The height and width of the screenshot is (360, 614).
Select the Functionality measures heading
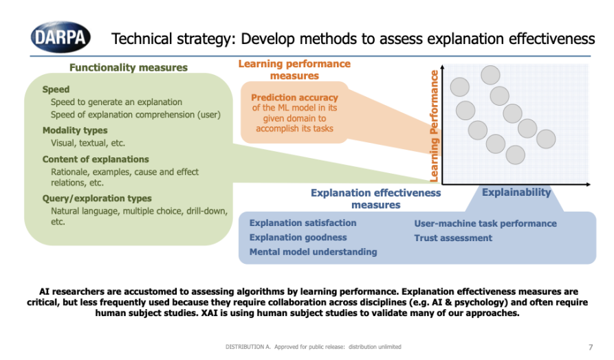[x=128, y=67]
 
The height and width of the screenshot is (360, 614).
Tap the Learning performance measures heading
[x=294, y=69]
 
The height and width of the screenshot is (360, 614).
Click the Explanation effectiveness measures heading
[x=375, y=199]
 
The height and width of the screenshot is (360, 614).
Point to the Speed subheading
[x=56, y=89]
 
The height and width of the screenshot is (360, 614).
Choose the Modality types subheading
[x=75, y=131]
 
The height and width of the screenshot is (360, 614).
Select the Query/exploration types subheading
[x=97, y=199]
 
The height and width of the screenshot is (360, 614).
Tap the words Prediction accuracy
[x=294, y=98]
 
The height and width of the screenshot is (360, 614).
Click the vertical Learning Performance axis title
[x=435, y=125]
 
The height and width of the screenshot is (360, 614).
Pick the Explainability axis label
[x=516, y=192]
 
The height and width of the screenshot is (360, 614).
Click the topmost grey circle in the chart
[x=490, y=75]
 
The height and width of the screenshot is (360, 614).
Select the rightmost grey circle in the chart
[x=546, y=139]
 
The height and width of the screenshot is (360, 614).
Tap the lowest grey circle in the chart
[x=514, y=155]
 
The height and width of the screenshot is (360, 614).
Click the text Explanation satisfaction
[x=303, y=223]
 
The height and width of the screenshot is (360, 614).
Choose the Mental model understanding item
[x=313, y=251]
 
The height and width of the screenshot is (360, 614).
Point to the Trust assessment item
[x=453, y=238]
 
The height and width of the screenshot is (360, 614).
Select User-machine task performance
[x=485, y=223]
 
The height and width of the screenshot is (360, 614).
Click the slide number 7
[x=591, y=346]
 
